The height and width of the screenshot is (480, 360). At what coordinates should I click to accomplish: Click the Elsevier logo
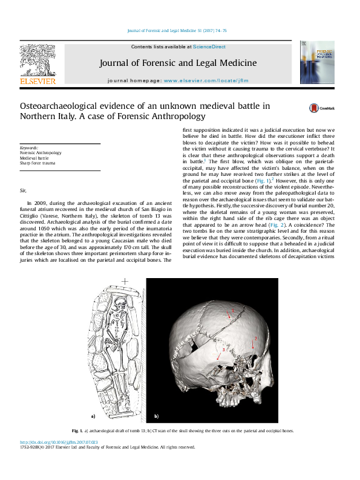[x=38, y=64]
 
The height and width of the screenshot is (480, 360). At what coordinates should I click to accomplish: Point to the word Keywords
[x=29, y=148]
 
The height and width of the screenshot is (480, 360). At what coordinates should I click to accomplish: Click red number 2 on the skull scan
[x=256, y=339]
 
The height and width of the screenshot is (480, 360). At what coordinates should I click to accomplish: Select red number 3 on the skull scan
[x=224, y=350]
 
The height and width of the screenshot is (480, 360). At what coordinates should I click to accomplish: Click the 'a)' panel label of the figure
[x=93, y=417]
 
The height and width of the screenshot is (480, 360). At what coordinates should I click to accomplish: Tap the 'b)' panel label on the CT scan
[x=156, y=417]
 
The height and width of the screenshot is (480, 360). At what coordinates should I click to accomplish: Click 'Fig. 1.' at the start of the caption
[x=76, y=430]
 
